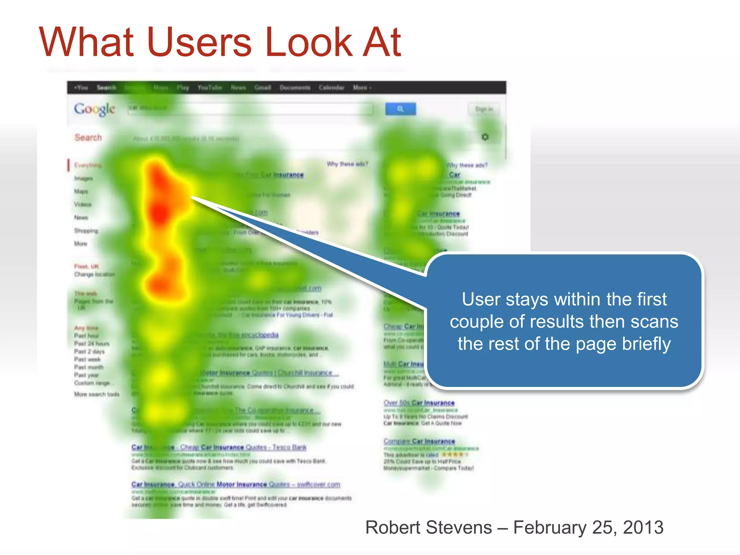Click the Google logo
click(95, 109)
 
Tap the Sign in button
click(484, 109)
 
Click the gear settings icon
click(485, 137)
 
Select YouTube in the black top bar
click(210, 88)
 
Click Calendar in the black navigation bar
click(331, 88)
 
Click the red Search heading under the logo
click(88, 138)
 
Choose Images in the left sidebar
click(83, 178)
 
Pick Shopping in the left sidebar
click(86, 231)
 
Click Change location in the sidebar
click(94, 275)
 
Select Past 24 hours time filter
click(92, 344)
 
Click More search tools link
click(96, 394)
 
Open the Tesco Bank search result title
click(219, 447)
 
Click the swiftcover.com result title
click(236, 485)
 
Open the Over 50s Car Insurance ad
click(419, 403)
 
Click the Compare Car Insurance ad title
click(419, 442)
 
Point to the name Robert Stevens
click(429, 528)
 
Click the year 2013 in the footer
click(643, 528)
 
